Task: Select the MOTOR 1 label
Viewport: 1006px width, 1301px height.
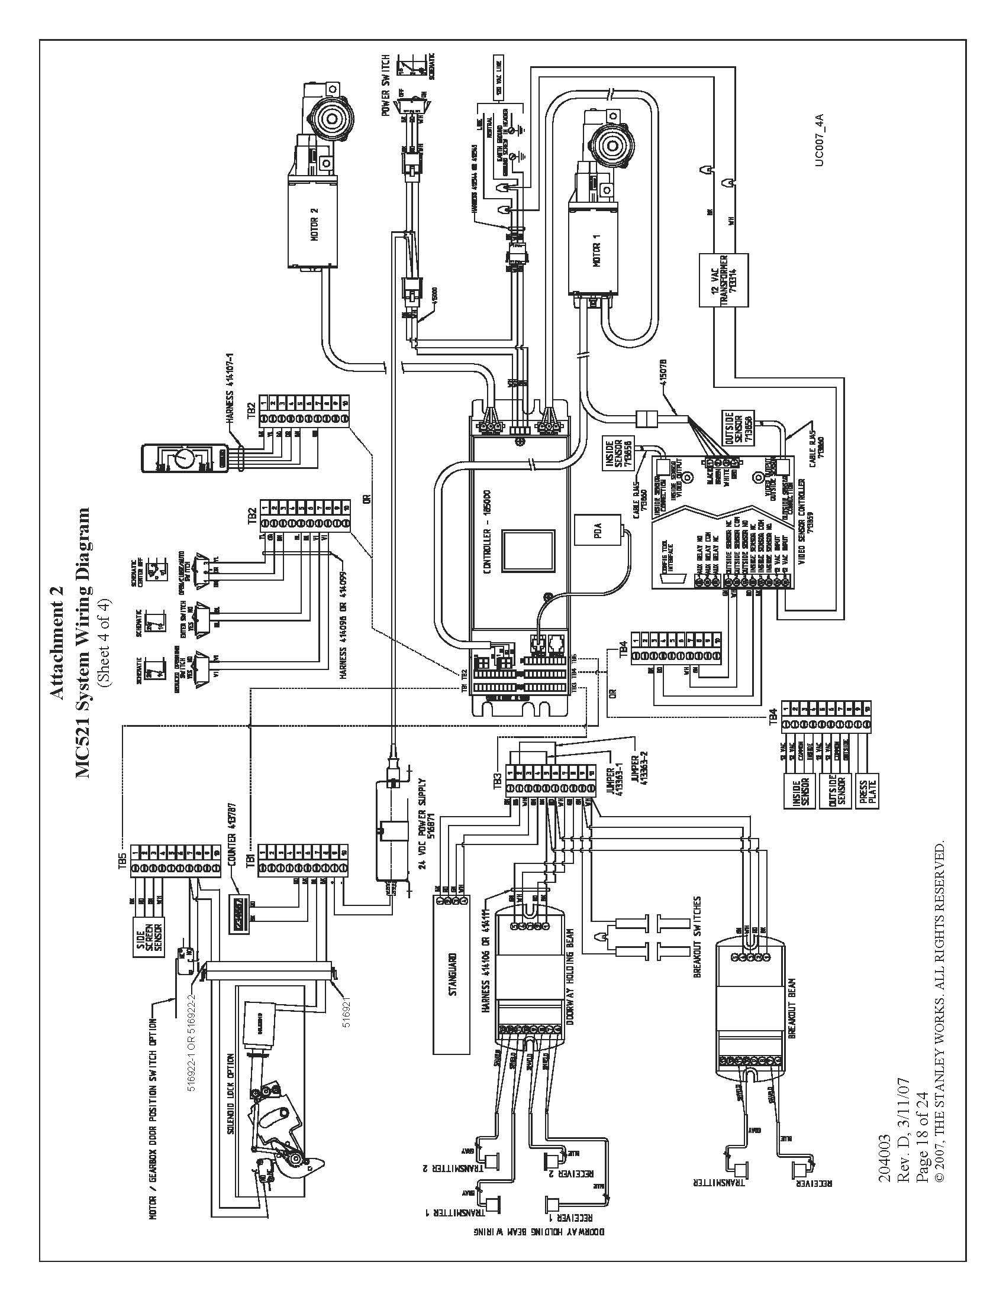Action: coord(598,245)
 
